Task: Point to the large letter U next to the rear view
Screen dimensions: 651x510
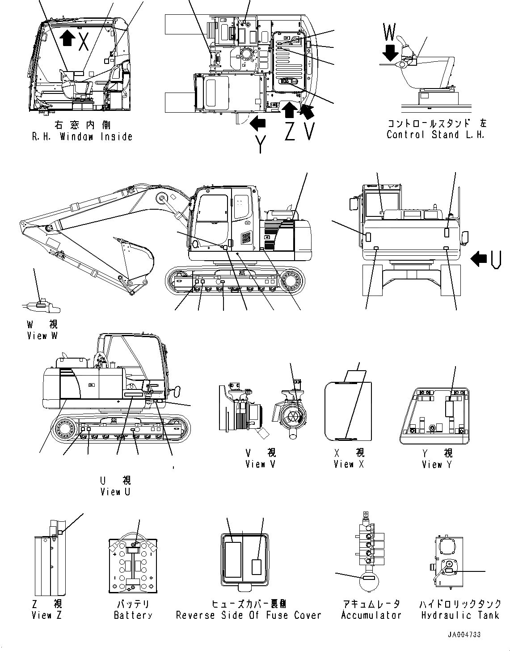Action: pos(495,259)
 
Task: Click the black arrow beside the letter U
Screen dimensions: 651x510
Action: pos(479,258)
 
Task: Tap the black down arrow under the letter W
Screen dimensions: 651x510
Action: pos(390,52)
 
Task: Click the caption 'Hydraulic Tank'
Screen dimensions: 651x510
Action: pos(460,615)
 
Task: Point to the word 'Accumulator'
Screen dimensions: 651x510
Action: pos(371,615)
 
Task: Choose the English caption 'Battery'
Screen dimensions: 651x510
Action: pos(133,615)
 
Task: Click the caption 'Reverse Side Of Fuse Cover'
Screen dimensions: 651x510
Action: pos(249,615)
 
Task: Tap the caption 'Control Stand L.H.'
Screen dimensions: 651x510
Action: pos(435,135)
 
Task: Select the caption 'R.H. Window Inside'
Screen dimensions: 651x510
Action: pos(82,136)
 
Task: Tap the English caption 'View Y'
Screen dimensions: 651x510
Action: pos(437,465)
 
